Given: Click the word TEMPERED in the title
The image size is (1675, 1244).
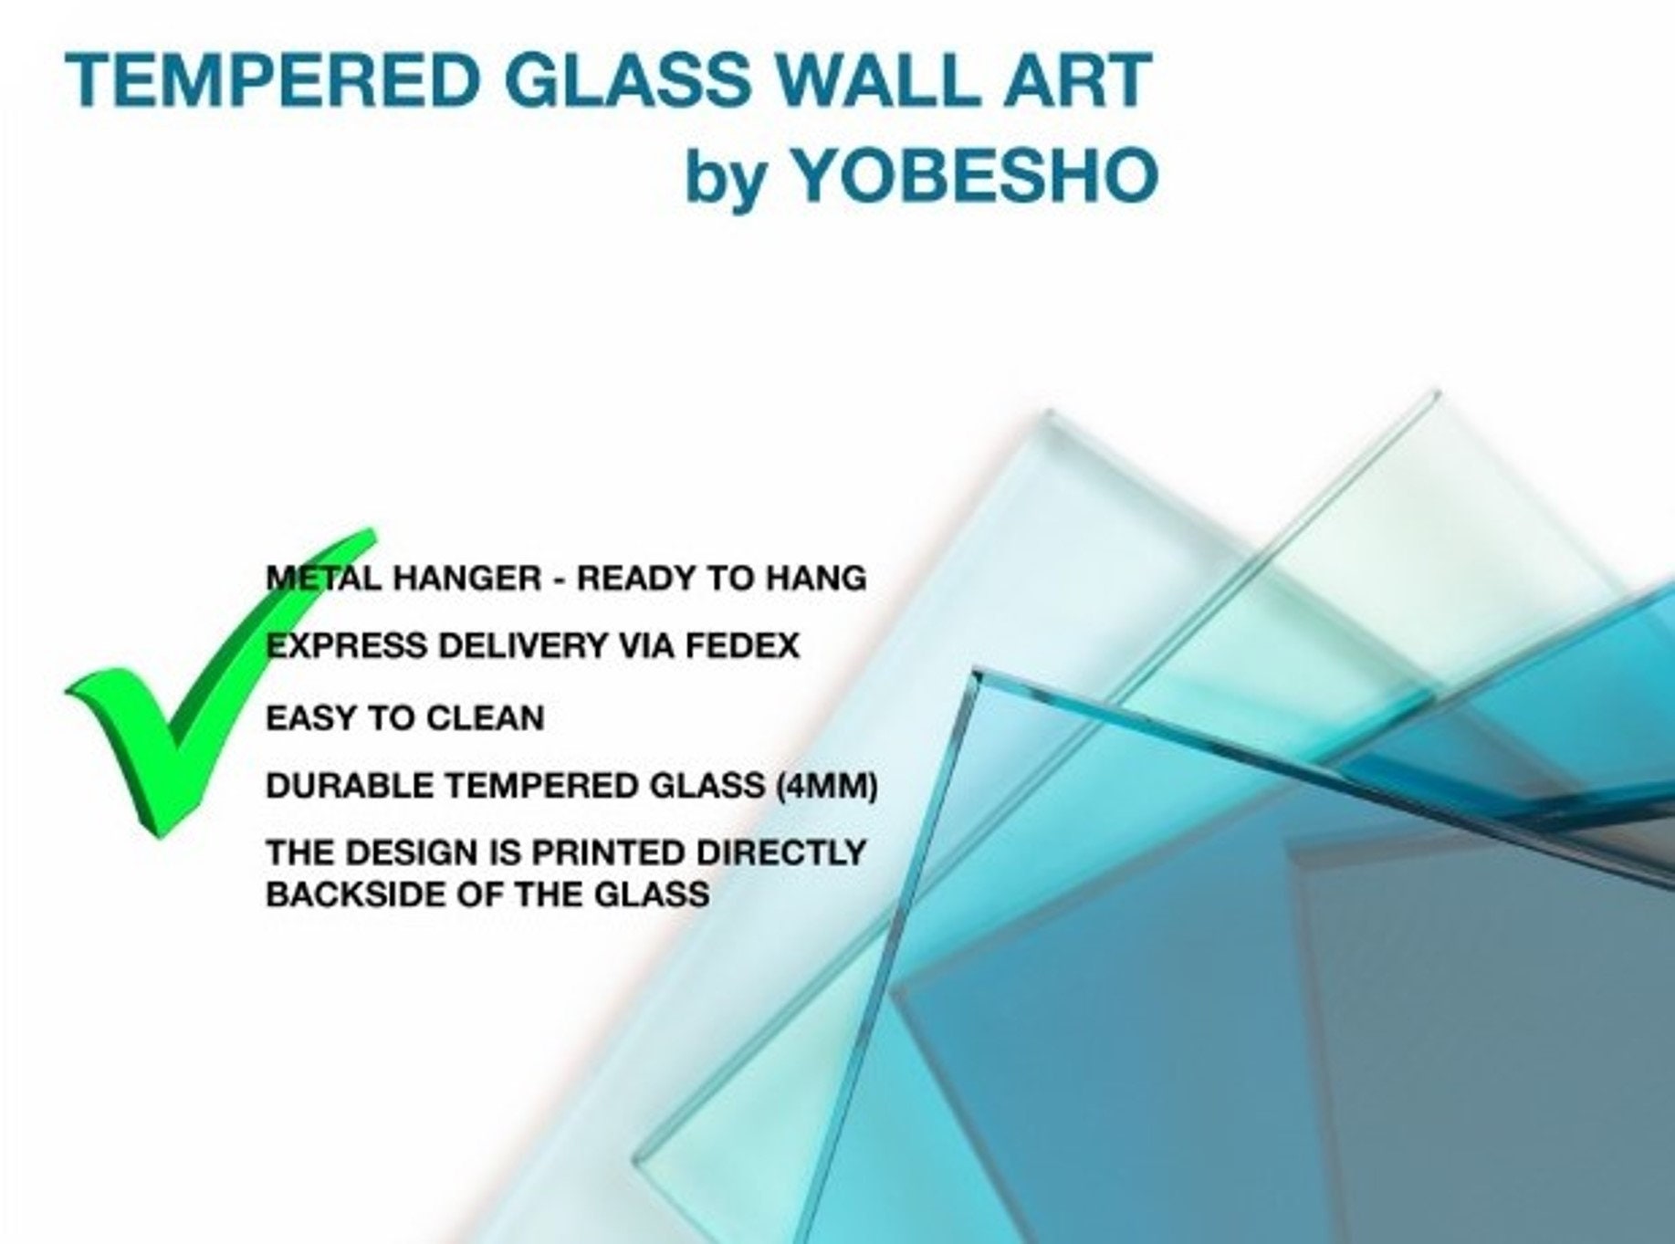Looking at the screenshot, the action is pos(272,79).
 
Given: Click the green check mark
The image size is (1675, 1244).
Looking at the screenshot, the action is pos(219,682).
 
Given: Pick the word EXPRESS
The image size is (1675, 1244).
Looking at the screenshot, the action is pos(345,646).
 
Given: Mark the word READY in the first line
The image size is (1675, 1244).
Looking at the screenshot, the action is pos(633,578).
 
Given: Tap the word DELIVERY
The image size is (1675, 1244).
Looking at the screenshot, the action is pos(523,646).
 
